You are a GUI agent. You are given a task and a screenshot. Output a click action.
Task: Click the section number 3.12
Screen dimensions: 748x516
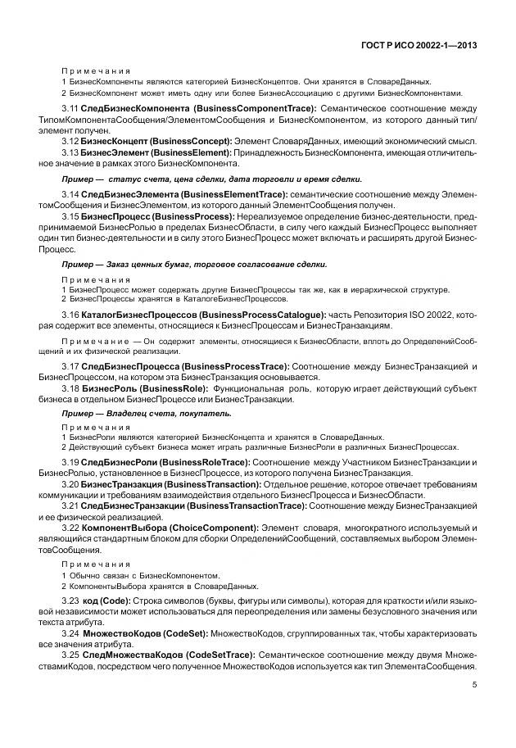pyautogui.click(x=70, y=142)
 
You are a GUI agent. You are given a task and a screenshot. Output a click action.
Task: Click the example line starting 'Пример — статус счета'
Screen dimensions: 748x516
pyautogui.click(x=211, y=179)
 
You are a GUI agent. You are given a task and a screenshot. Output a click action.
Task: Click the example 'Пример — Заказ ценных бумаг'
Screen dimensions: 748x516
pyautogui.click(x=194, y=264)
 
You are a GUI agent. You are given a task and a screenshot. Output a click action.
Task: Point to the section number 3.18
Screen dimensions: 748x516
pyautogui.click(x=70, y=387)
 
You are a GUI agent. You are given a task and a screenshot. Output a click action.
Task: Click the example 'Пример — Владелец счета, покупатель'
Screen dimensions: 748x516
pyautogui.click(x=147, y=413)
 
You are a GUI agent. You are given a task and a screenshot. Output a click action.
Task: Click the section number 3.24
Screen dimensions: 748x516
pyautogui.click(x=70, y=635)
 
